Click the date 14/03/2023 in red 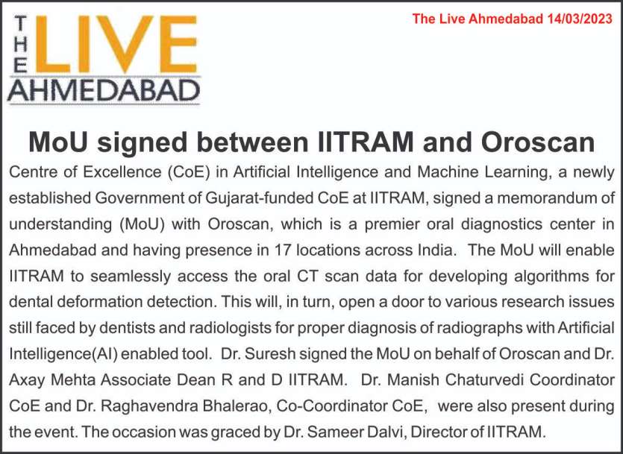click(x=579, y=19)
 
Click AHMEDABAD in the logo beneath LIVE click(x=104, y=90)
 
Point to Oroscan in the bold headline click(x=538, y=142)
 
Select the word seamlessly click(x=131, y=277)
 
